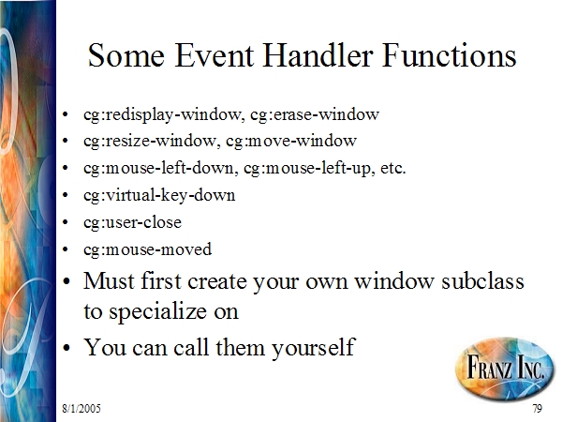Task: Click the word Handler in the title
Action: [318, 55]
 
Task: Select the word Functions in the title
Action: [450, 55]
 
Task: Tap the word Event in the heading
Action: [214, 55]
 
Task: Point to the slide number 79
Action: [538, 408]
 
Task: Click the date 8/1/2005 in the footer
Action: [81, 408]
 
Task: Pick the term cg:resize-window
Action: [150, 141]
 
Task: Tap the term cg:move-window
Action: [291, 141]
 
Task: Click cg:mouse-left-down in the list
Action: [160, 168]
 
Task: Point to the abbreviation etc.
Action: [393, 168]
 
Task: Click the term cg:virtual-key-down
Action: [159, 196]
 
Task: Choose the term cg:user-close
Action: [132, 222]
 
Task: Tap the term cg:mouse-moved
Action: [147, 249]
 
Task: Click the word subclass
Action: [482, 280]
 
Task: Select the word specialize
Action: [157, 311]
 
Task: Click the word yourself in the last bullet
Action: [313, 348]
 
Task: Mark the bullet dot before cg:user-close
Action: [65, 222]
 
